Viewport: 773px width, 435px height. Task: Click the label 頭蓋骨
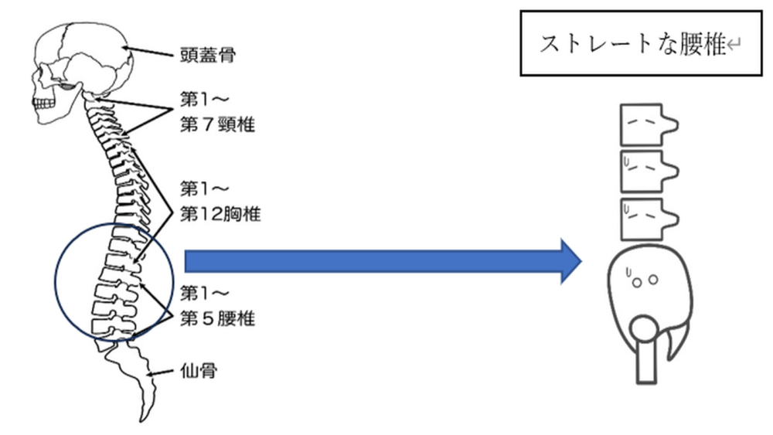coord(207,54)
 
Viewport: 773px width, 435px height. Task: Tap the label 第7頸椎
coord(217,124)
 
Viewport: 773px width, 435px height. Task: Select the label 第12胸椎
coord(220,214)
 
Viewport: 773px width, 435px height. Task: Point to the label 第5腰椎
coord(217,318)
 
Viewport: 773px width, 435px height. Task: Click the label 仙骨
coord(199,370)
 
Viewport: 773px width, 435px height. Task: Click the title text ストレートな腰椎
coord(633,44)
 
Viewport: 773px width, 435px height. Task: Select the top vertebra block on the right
coord(649,124)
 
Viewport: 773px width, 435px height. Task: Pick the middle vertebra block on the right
coord(649,172)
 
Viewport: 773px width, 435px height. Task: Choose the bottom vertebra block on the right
coord(649,219)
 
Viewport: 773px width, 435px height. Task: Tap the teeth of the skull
coord(44,104)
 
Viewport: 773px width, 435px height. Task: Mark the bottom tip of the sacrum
coord(141,421)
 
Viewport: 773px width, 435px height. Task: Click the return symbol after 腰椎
coord(734,46)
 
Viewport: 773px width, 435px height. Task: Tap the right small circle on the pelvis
coord(653,280)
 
